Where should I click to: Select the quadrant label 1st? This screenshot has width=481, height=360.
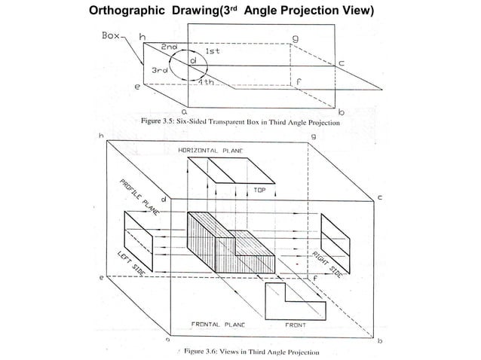[x=213, y=51]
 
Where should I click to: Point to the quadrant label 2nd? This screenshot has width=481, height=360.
[x=167, y=47]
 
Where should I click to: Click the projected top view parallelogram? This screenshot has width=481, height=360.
[x=222, y=172]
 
